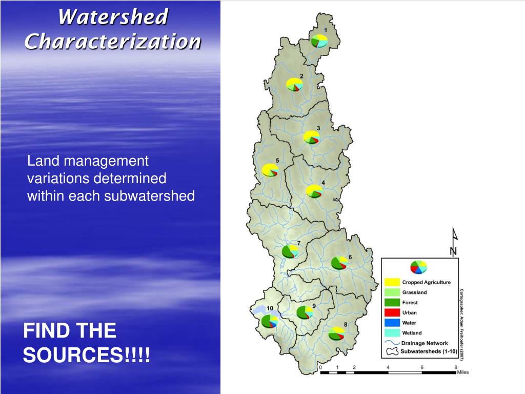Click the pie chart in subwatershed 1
click(320, 41)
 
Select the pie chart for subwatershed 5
click(270, 170)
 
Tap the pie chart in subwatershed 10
click(269, 321)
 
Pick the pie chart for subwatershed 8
click(336, 333)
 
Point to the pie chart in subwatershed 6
click(339, 263)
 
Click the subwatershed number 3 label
click(318, 128)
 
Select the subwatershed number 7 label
click(298, 243)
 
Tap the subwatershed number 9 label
click(314, 306)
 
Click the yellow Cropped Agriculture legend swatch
click(392, 282)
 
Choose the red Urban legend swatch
click(392, 312)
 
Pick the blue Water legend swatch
click(392, 323)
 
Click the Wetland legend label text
click(412, 333)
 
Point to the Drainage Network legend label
click(425, 343)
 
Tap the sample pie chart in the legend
click(418, 267)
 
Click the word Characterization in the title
click(113, 41)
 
